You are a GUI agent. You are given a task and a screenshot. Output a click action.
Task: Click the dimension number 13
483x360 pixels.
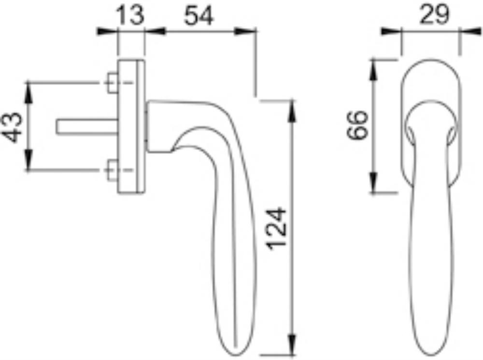point(130,15)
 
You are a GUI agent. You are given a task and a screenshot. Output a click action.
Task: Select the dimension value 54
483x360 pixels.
point(199,16)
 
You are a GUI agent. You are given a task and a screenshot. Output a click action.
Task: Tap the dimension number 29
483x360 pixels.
point(434,15)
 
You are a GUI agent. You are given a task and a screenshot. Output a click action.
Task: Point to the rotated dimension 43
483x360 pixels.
point(13,127)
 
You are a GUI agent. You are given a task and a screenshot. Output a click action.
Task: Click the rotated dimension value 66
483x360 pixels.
point(357,125)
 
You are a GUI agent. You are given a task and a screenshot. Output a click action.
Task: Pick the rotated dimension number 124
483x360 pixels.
point(277,229)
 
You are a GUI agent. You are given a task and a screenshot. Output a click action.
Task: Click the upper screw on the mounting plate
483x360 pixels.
point(113,83)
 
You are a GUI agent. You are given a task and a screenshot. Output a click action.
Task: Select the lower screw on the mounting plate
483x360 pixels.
point(113,169)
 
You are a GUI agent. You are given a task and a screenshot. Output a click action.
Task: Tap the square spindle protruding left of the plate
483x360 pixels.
point(87,127)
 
